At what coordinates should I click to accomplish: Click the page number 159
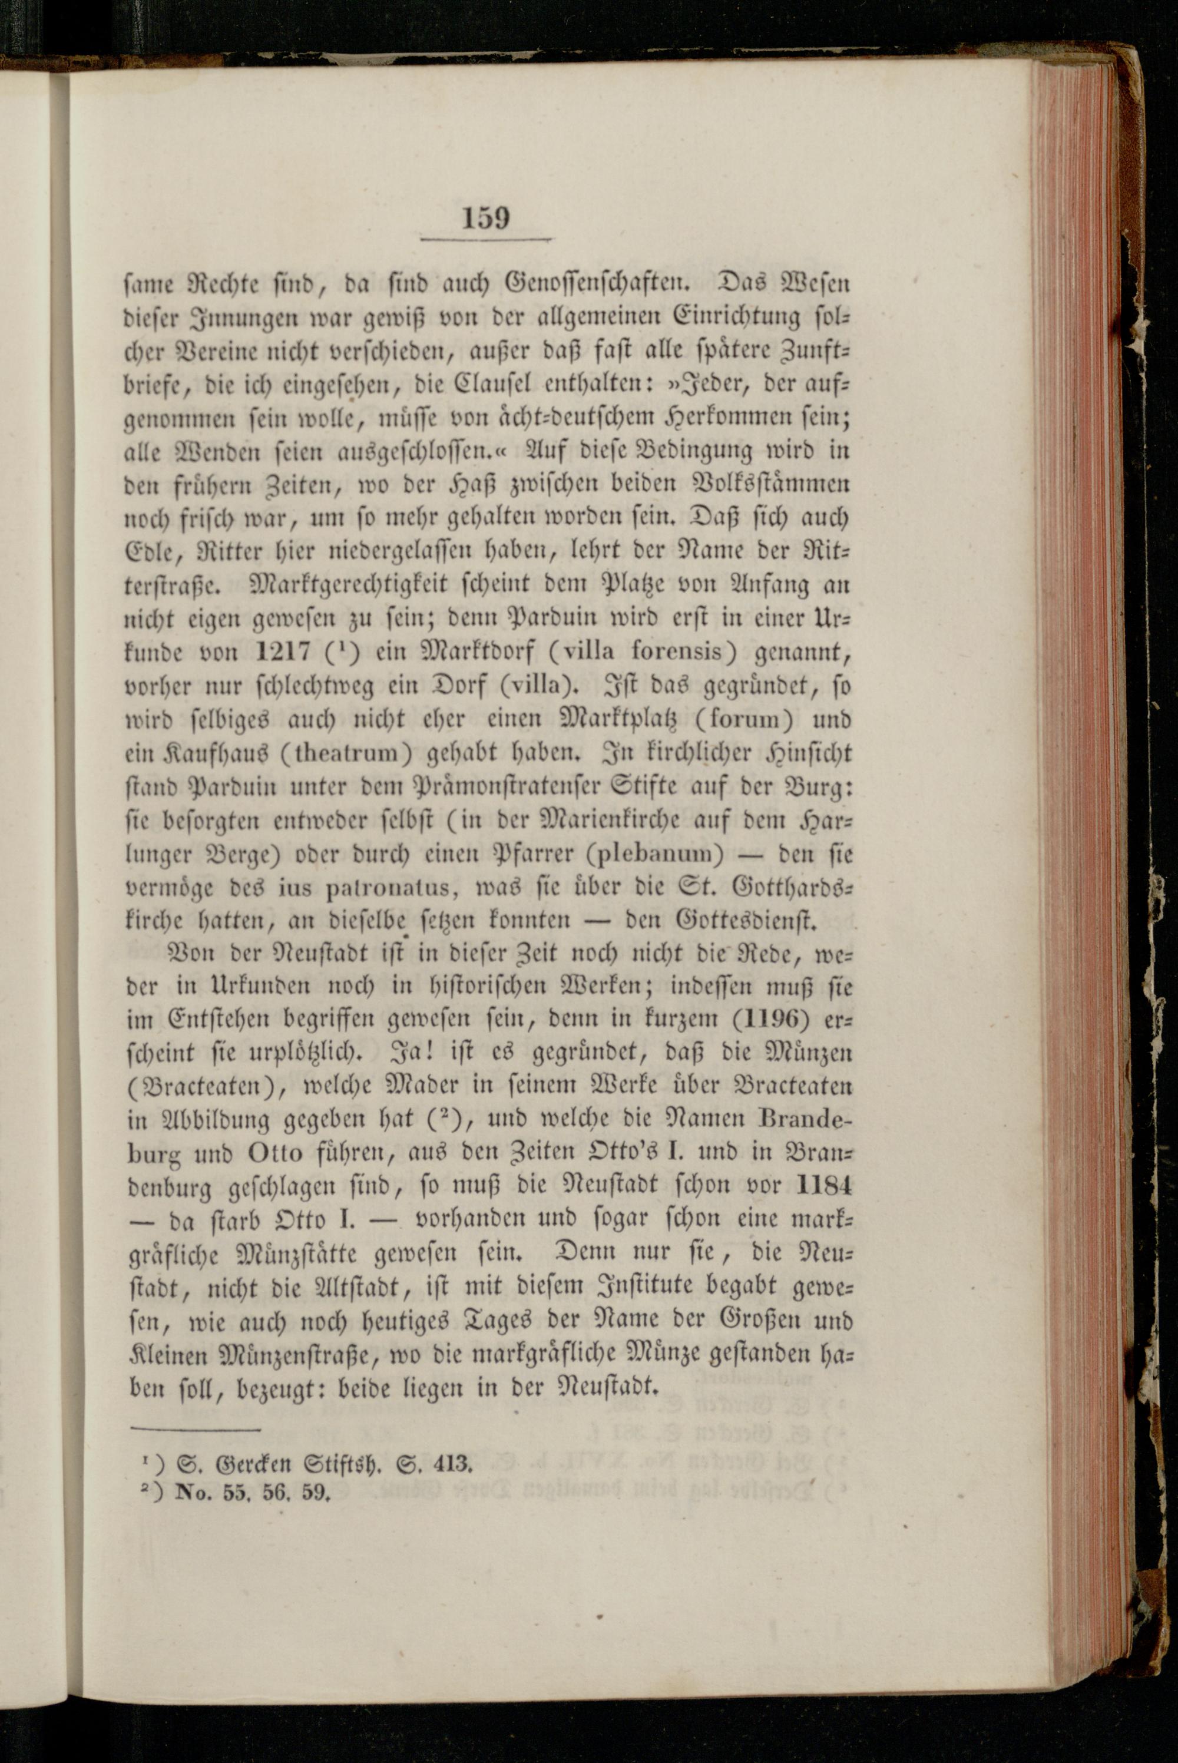(x=485, y=218)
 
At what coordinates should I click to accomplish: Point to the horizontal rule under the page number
(x=485, y=240)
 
